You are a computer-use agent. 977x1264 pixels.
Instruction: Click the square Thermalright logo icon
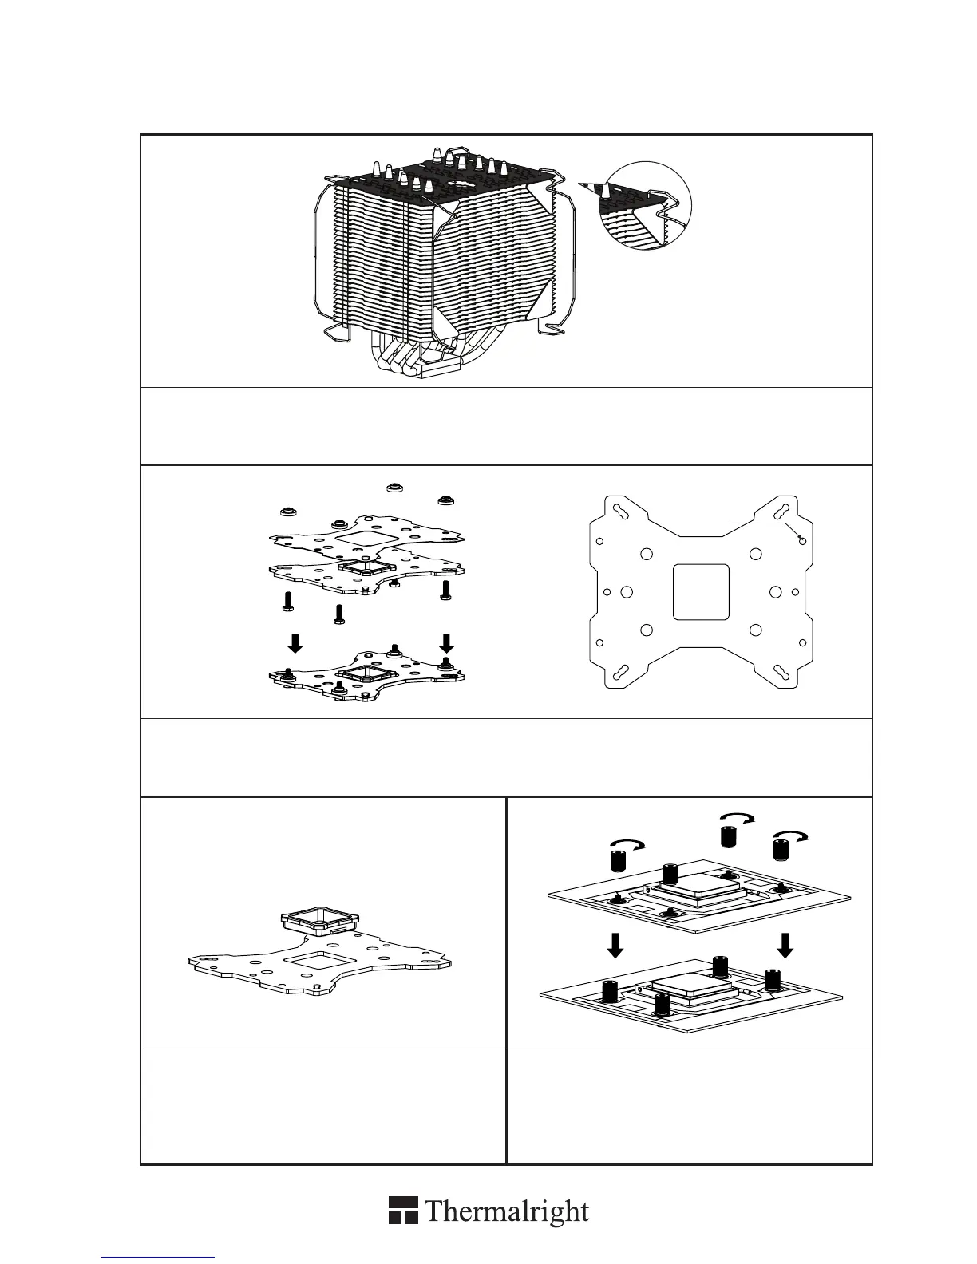(404, 1210)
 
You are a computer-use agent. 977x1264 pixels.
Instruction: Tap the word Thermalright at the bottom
(507, 1211)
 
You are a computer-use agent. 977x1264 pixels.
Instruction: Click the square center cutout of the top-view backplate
(702, 591)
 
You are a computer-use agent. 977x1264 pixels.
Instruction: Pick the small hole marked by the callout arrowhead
(803, 540)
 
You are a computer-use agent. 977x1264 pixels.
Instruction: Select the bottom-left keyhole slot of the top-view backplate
(619, 675)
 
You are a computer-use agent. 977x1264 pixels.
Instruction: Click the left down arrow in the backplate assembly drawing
(295, 642)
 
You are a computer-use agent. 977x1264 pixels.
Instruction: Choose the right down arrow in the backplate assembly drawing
(447, 642)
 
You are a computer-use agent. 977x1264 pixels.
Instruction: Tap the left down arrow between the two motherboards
(615, 946)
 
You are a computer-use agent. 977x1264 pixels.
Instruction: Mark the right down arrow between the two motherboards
(785, 946)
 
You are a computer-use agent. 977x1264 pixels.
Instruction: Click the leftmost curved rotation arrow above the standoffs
(627, 845)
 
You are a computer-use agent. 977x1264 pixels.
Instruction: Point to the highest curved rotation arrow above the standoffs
(738, 819)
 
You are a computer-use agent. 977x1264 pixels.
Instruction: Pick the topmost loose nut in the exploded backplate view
(392, 488)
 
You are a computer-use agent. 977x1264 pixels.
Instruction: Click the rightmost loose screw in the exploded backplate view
(445, 590)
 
